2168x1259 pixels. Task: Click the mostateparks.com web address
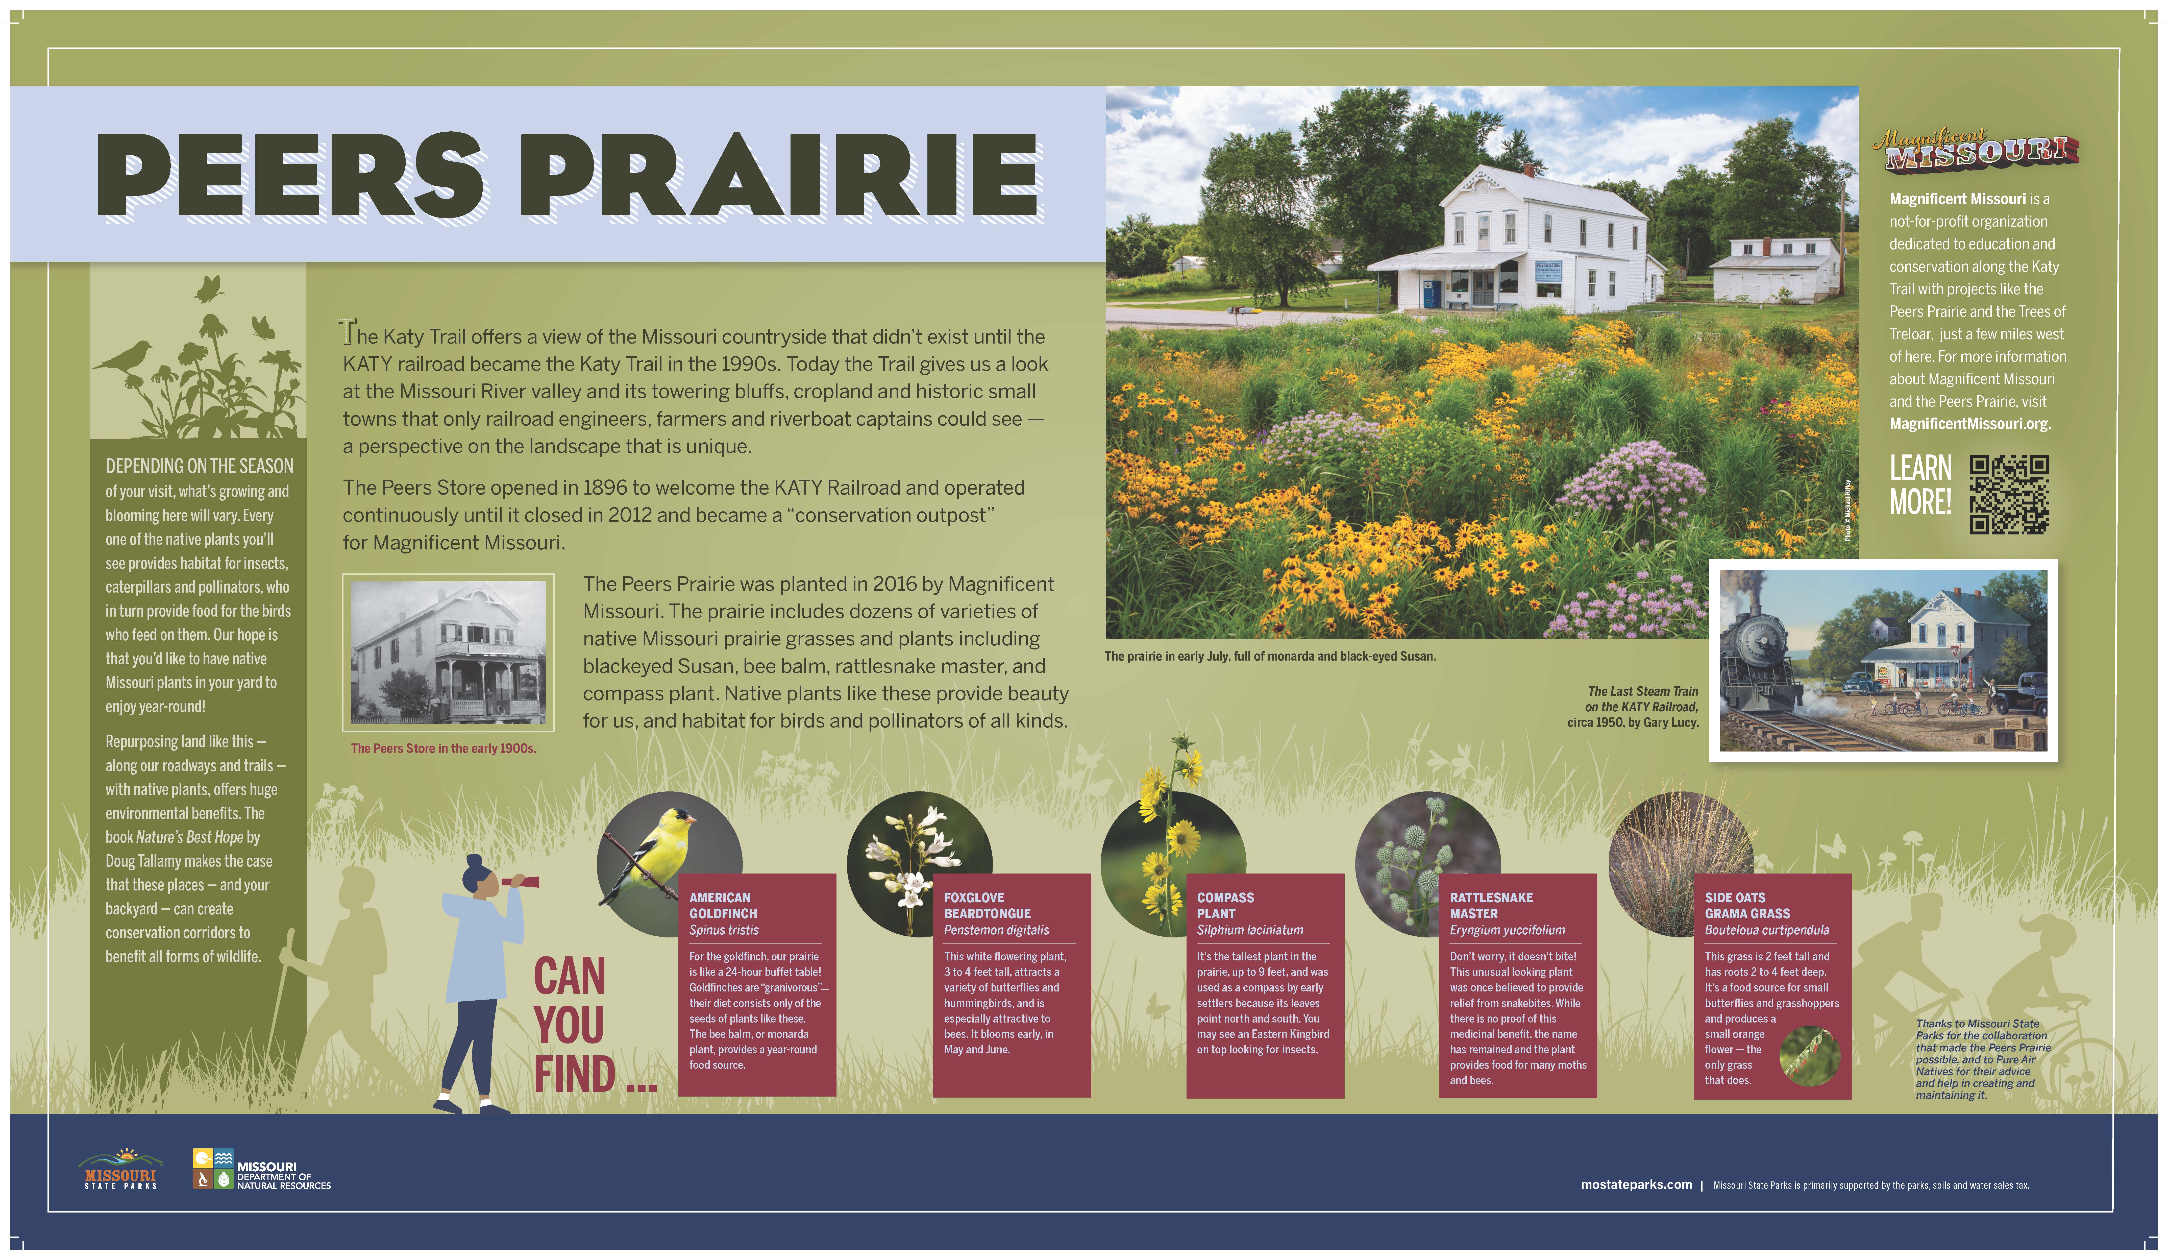(1636, 1185)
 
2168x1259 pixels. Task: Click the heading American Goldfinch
(723, 905)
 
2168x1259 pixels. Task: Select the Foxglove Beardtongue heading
(987, 905)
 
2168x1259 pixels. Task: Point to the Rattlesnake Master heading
(1491, 905)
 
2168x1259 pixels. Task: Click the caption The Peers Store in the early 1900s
(443, 749)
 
